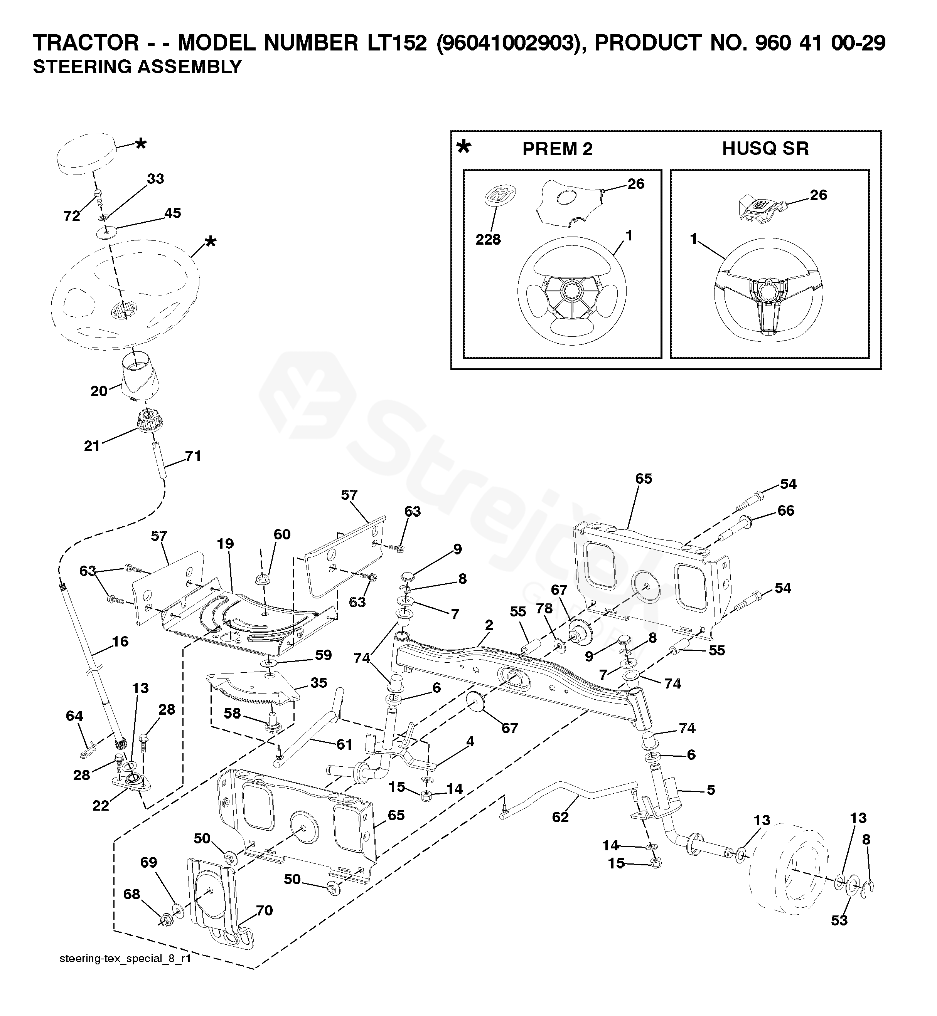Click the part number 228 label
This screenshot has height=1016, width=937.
[x=488, y=239]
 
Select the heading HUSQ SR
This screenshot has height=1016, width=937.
[x=765, y=148]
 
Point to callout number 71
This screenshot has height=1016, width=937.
[x=193, y=456]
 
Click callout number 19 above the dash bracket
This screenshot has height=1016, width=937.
[x=226, y=544]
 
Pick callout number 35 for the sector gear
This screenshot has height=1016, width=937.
[x=319, y=683]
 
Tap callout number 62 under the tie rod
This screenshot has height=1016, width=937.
[x=560, y=817]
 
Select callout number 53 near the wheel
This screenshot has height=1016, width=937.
[x=839, y=920]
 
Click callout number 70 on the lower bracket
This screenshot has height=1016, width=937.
[x=264, y=910]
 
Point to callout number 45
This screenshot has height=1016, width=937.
[x=172, y=213]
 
